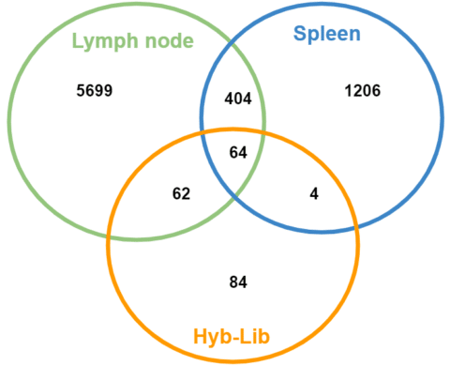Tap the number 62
pyautogui.click(x=181, y=194)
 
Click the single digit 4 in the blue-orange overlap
pyautogui.click(x=314, y=193)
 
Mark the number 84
pyautogui.click(x=237, y=281)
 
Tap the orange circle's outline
pyautogui.click(x=358, y=244)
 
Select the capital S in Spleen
pyautogui.click(x=299, y=35)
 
